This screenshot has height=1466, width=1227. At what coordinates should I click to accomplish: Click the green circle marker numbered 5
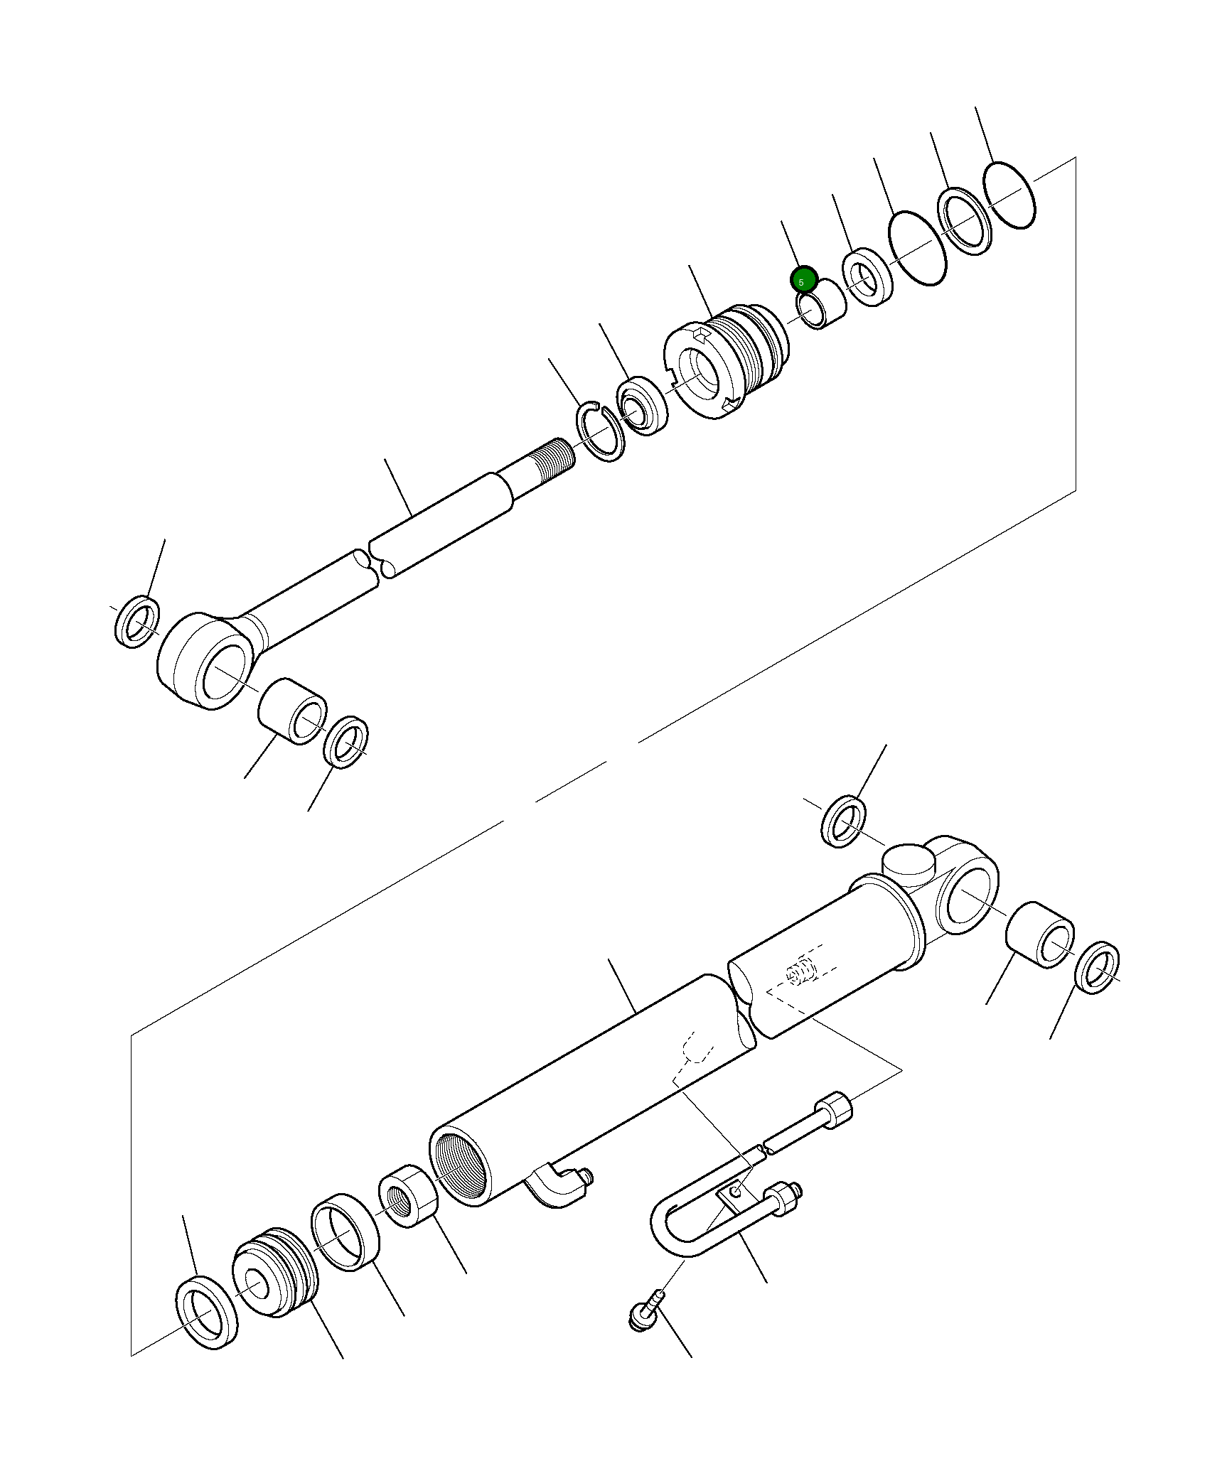[803, 280]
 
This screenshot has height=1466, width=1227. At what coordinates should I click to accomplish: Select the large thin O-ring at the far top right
[1009, 195]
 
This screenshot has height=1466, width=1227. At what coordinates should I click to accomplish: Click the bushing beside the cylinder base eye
[1040, 934]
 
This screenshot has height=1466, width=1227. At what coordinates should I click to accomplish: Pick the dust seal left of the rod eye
[137, 622]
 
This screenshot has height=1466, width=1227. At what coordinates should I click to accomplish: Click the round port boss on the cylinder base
[909, 861]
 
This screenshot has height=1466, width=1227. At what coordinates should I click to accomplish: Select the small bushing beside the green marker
[823, 304]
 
